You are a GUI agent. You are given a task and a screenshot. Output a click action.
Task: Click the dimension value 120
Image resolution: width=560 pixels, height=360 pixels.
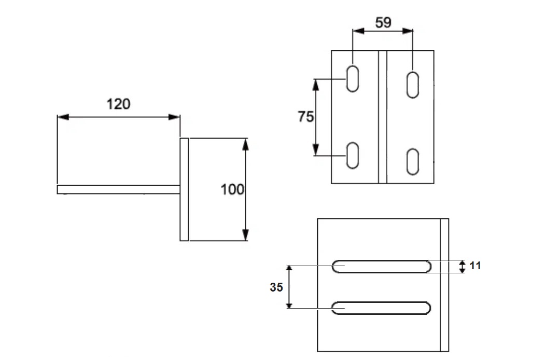click(118, 104)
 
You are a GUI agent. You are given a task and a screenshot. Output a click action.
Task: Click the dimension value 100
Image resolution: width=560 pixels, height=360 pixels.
click(232, 189)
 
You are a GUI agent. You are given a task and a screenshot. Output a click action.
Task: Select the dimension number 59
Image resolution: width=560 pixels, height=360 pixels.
click(383, 23)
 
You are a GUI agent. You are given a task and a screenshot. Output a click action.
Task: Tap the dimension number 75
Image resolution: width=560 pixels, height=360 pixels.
click(306, 117)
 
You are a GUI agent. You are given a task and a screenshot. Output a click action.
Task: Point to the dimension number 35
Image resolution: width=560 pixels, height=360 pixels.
click(276, 287)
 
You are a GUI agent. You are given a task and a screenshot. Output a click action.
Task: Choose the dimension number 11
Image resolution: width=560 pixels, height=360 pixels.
click(475, 266)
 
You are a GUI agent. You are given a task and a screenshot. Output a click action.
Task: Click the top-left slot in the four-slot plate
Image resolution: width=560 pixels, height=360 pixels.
click(353, 79)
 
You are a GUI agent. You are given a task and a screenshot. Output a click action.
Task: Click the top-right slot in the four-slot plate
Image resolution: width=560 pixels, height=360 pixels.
click(413, 85)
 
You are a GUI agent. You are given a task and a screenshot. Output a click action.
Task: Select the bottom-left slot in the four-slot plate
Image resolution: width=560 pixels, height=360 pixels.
click(353, 155)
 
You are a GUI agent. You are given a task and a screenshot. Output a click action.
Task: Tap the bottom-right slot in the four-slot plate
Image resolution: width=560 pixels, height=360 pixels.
click(413, 161)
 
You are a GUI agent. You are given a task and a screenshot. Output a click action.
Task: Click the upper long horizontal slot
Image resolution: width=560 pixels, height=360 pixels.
click(382, 266)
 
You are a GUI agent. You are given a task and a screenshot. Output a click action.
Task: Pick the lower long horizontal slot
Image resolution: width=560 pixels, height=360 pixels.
click(382, 308)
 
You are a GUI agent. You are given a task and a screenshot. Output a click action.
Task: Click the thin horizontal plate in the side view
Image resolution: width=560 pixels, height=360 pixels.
click(118, 190)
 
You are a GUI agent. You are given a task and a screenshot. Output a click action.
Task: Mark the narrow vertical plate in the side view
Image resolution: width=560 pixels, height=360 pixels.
click(184, 189)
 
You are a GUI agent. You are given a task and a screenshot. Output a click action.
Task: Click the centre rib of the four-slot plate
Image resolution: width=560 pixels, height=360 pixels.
click(383, 117)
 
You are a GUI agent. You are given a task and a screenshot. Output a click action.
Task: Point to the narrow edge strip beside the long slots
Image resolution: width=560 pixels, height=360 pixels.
click(444, 285)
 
